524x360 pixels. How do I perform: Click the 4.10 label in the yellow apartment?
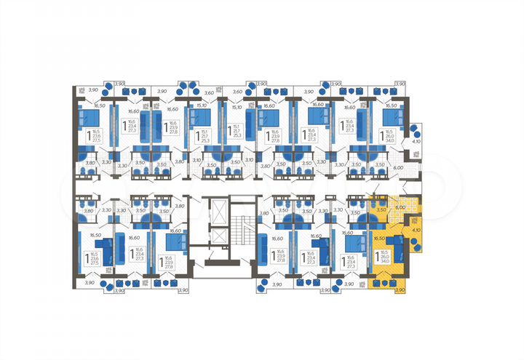416,230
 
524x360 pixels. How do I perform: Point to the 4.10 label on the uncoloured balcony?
416,143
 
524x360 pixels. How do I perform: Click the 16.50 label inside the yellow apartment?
378,238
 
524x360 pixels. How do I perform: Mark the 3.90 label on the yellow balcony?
399,290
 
